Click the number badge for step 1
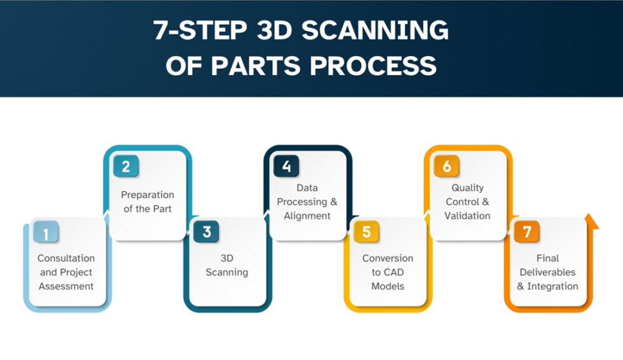(x=46, y=233)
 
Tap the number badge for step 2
(x=126, y=167)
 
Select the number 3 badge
(x=207, y=233)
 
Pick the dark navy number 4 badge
(x=287, y=167)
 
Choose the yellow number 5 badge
(x=366, y=233)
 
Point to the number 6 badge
(x=447, y=167)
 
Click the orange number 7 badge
(x=527, y=233)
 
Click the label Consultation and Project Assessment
(x=66, y=272)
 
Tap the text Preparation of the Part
(x=147, y=202)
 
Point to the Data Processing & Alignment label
(x=308, y=202)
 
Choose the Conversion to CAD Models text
(x=388, y=272)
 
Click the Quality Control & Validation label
(x=468, y=202)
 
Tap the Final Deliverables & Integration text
(x=547, y=272)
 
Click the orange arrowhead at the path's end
(x=592, y=220)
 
